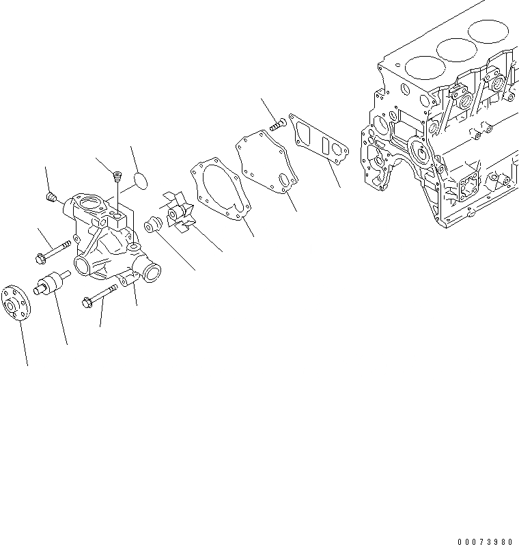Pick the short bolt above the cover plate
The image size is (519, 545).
click(277, 125)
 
